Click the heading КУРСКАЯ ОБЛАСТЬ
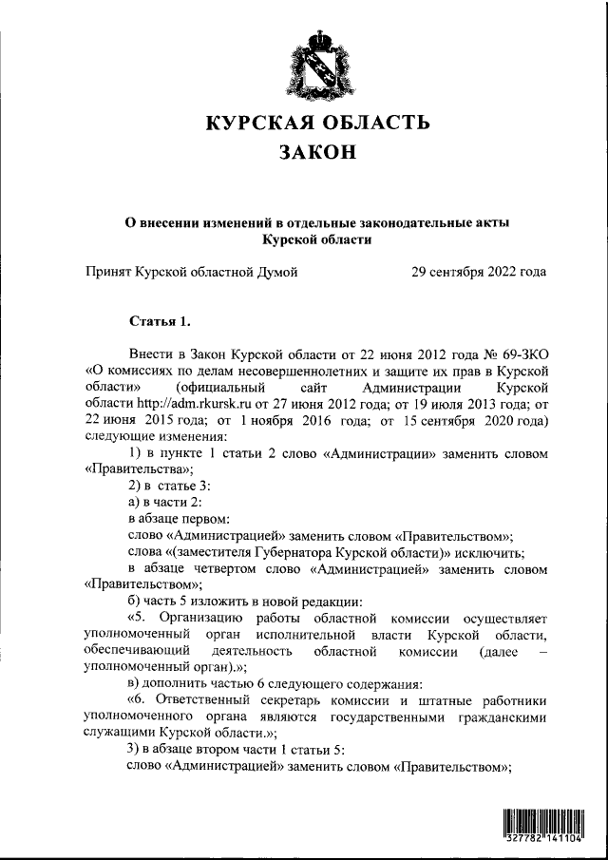click(x=318, y=124)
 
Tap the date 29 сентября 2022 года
click(x=479, y=272)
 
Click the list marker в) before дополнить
click(x=134, y=684)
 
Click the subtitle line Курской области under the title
click(x=318, y=239)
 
